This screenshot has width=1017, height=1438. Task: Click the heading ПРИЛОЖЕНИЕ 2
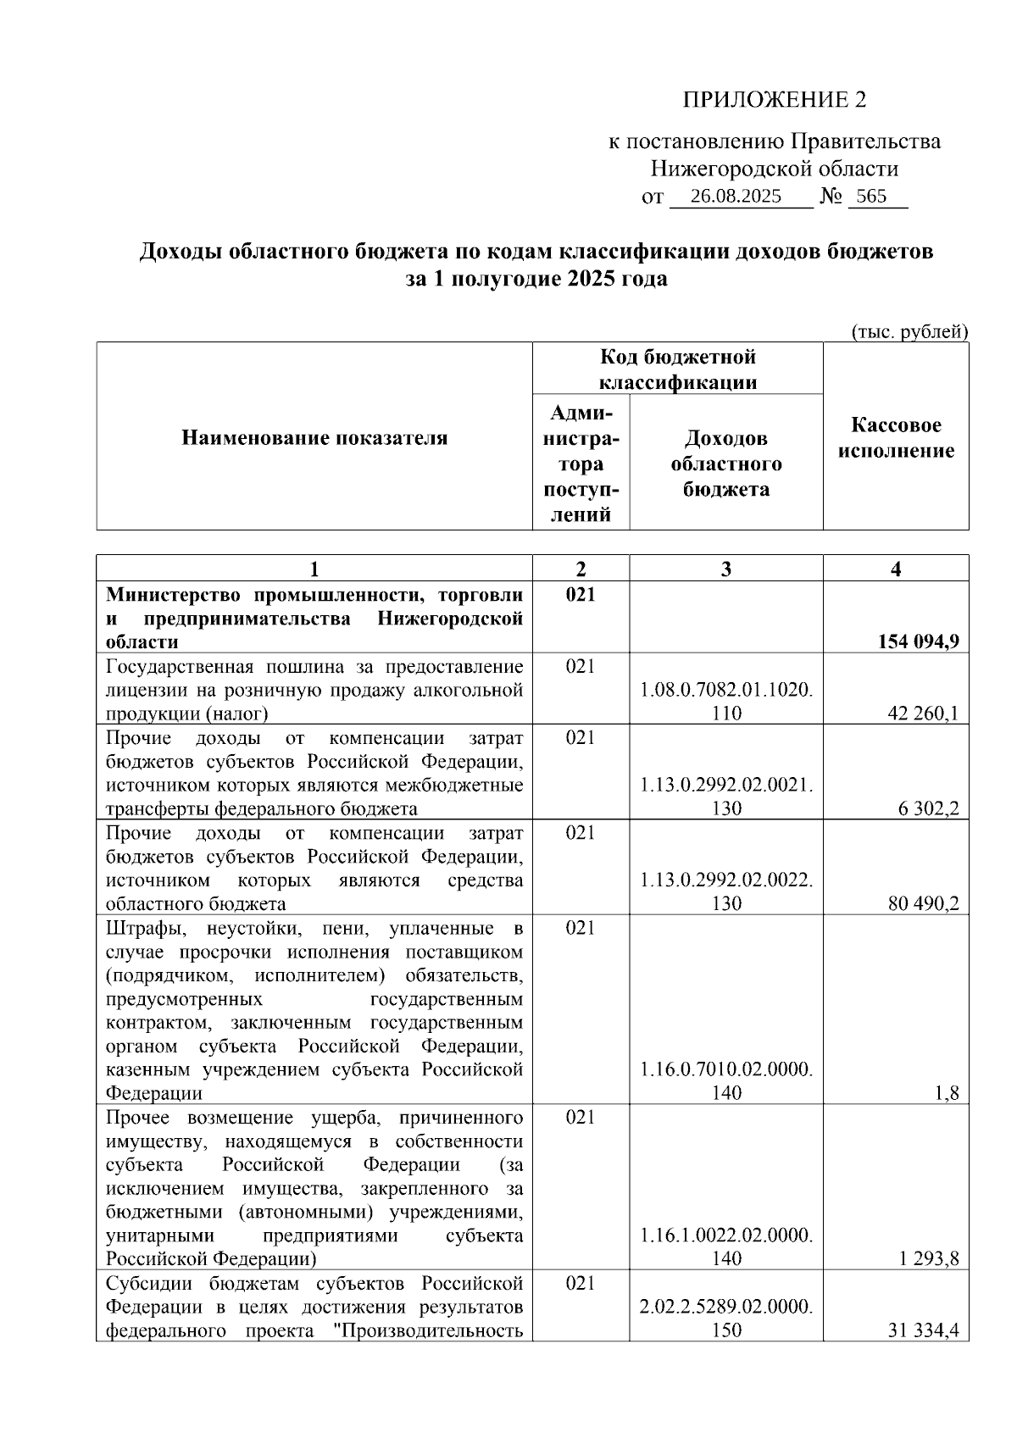pos(775,100)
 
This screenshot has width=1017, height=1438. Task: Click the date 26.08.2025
pos(736,197)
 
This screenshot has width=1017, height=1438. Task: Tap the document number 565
pos(871,197)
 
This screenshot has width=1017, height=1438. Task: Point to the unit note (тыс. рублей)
pos(909,331)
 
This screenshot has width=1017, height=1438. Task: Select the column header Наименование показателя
pos(314,438)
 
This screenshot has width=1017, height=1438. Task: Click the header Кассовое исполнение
pos(896,438)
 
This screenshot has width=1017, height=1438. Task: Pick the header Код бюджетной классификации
pos(678,369)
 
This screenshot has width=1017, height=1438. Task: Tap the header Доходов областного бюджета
pos(726,464)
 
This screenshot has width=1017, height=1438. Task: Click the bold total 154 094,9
pos(918,641)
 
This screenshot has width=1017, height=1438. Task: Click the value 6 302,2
pos(929,808)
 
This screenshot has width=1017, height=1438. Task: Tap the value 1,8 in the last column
pos(948,1092)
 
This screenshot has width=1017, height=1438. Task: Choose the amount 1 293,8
pos(929,1258)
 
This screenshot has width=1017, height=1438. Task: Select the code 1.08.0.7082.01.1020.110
pos(726,702)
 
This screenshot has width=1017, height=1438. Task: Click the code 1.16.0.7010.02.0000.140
pos(726,1081)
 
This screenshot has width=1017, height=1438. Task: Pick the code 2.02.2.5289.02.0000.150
pos(726,1319)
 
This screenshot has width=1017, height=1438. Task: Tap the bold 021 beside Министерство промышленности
pos(581,594)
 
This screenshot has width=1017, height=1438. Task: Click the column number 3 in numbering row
pos(726,569)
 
